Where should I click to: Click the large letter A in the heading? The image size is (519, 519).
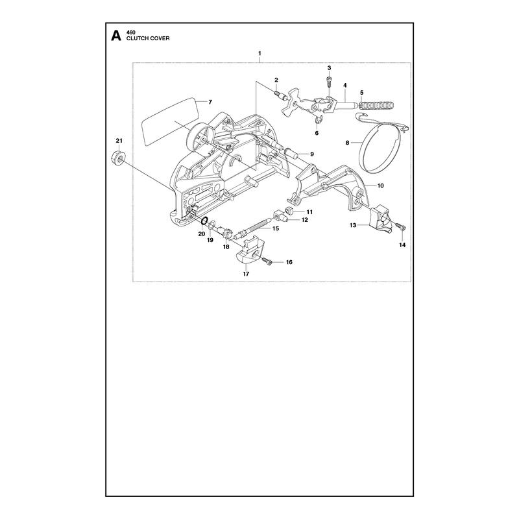[116, 36]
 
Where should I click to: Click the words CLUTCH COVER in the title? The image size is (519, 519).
[148, 38]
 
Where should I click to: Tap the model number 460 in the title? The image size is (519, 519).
[131, 32]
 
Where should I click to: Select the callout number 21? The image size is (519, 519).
[119, 141]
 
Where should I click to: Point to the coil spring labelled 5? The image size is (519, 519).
[377, 105]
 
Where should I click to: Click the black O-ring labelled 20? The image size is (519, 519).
[204, 220]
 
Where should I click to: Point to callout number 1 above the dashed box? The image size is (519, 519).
[260, 53]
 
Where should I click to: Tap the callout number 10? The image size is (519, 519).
[381, 186]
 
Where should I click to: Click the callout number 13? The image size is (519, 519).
[353, 225]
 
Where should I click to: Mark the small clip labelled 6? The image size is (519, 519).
[319, 122]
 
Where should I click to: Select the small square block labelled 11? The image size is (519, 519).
[290, 210]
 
